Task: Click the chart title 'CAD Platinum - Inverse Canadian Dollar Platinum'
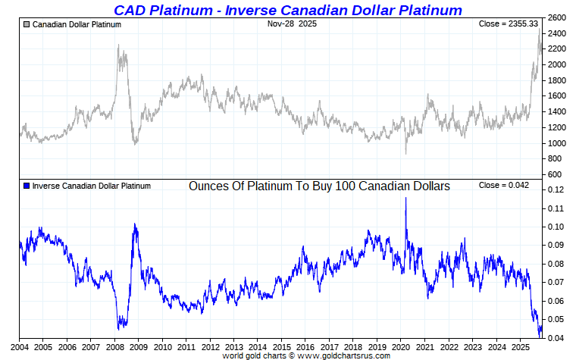click(287, 10)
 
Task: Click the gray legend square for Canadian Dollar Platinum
click(27, 24)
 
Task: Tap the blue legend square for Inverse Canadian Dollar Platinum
click(27, 186)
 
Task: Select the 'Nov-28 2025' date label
click(291, 23)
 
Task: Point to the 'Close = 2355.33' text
click(509, 24)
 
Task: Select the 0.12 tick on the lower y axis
click(556, 189)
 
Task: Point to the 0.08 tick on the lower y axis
click(556, 264)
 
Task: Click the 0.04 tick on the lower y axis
click(556, 338)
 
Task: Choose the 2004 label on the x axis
click(19, 346)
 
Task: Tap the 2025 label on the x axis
click(519, 346)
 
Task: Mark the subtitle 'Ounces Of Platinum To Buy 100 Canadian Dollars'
click(319, 186)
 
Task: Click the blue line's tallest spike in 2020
click(405, 198)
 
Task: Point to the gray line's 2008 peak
click(119, 45)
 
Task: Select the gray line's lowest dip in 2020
click(405, 153)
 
